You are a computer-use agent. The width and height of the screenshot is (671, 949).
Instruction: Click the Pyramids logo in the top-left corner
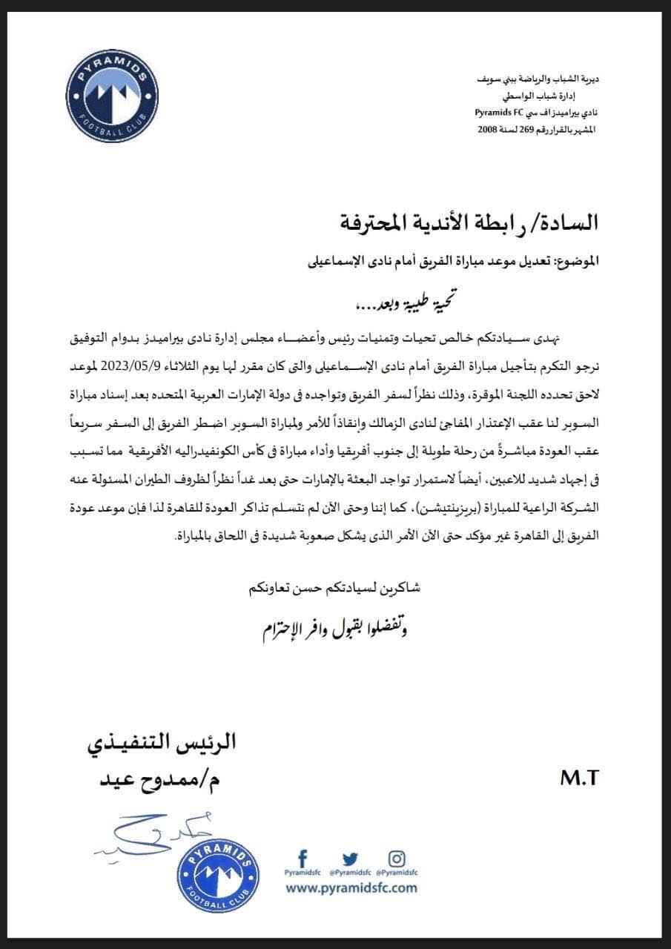click(110, 95)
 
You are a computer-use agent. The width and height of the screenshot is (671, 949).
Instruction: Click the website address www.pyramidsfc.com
click(351, 887)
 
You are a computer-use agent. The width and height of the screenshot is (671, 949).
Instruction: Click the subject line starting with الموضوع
click(445, 260)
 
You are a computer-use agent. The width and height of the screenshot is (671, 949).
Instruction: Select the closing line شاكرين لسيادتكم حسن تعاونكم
click(325, 589)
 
